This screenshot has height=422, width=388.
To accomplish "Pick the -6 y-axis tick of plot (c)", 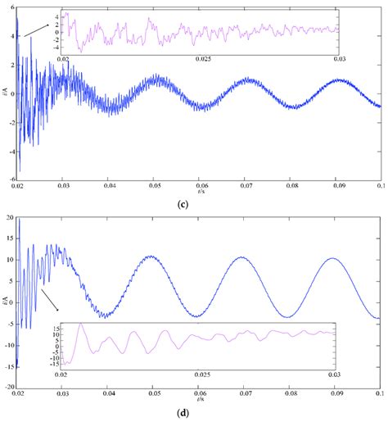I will click(10, 178).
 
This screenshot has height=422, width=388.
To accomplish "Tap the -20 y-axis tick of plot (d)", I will click(8, 386).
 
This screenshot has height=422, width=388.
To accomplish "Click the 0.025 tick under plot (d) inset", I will click(201, 372).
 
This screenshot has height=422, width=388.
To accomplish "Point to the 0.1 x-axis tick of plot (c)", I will click(380, 186).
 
